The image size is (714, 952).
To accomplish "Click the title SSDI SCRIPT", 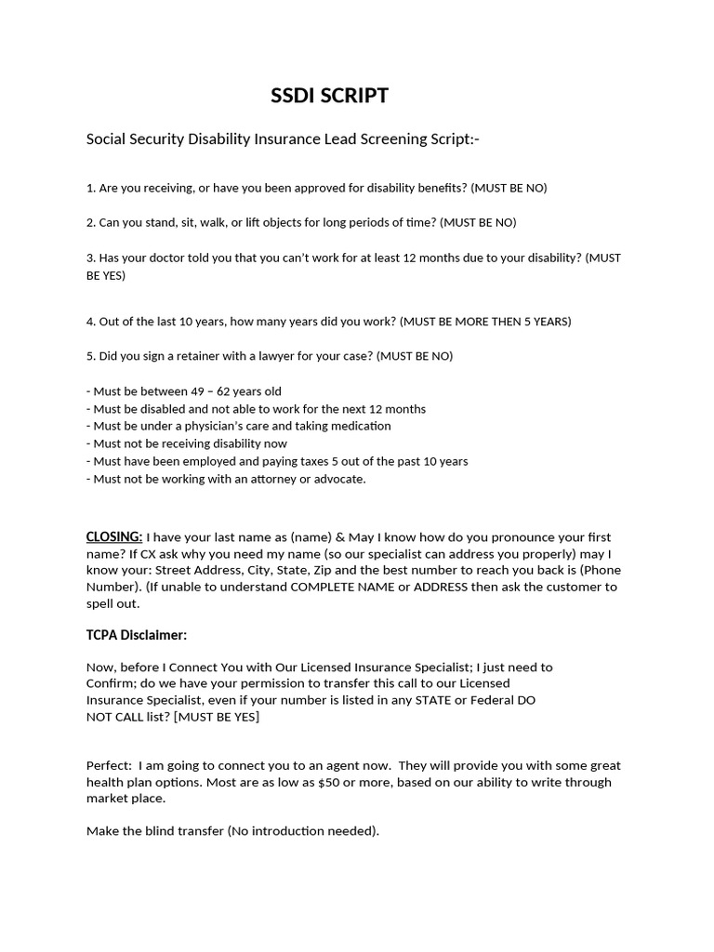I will tap(329, 96).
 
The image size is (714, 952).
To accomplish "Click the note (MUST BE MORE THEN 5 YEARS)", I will tap(485, 322).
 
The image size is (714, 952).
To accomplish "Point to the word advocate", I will tap(338, 479).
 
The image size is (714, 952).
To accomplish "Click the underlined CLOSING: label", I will tap(114, 537).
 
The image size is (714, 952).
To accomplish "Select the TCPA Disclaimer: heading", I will tap(137, 635).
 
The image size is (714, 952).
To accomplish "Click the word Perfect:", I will tap(109, 766).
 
